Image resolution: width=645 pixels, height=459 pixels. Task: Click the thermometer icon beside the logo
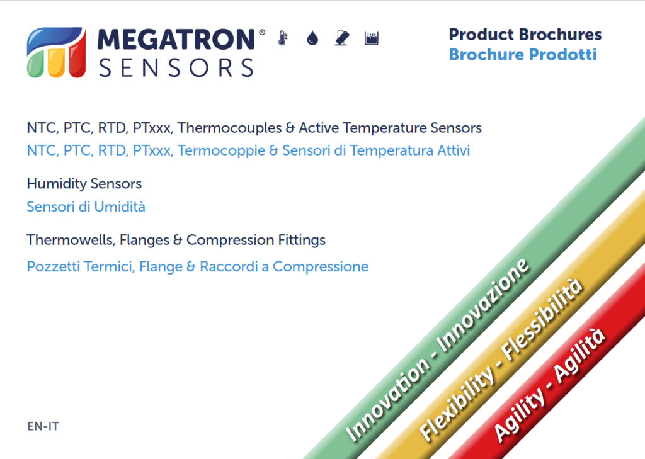[x=283, y=38]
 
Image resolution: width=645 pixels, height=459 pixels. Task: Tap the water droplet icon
[x=312, y=38]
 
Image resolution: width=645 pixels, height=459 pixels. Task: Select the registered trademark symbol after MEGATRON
[x=261, y=32]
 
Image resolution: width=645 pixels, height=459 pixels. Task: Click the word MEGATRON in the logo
[x=176, y=40]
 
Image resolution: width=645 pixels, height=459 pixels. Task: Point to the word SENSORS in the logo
[x=176, y=68]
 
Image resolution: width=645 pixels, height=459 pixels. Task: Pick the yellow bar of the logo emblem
[x=56, y=62]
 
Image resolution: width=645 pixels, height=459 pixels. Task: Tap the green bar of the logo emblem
[x=35, y=66]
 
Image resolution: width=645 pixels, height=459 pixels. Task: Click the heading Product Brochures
[x=525, y=35]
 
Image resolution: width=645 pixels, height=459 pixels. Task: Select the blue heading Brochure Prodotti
[x=522, y=55]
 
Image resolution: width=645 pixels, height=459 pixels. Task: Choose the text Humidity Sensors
[x=84, y=184]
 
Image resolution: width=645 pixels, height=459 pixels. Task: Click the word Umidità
[x=120, y=207]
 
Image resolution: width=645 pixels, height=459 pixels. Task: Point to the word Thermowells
[x=71, y=240]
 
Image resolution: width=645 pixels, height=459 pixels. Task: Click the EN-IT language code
[x=43, y=426]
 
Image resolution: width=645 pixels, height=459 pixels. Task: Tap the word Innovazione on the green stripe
[x=482, y=307]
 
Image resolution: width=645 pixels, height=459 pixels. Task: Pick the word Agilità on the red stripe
[x=579, y=356]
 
